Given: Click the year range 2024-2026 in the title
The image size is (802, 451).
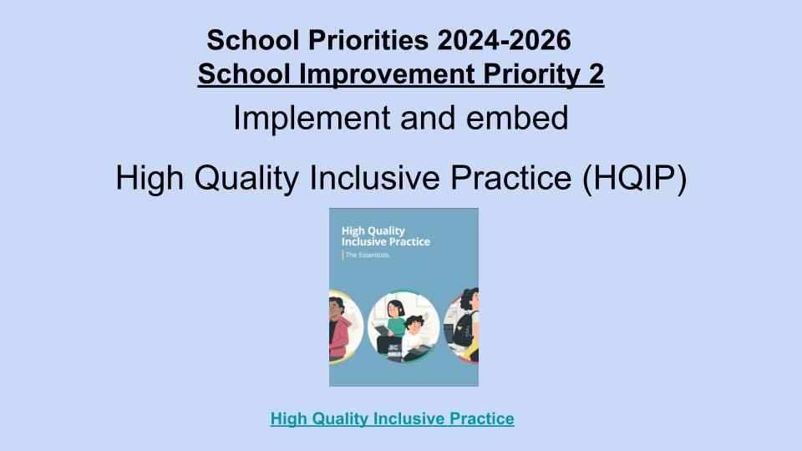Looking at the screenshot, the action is point(504,40).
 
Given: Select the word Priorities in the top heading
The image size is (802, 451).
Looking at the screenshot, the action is point(368,40).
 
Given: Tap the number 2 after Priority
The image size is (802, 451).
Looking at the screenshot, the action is point(596,73).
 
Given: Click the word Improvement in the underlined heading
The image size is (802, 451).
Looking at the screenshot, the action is point(387,74).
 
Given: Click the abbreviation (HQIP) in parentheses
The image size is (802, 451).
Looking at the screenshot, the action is point(634,178).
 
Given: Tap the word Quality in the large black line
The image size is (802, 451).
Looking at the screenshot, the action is point(246,179).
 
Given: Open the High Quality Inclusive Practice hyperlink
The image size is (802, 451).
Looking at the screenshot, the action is point(393,418).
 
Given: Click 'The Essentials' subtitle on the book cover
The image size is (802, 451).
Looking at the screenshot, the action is point(368,255).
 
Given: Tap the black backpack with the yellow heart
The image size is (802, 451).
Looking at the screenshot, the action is point(463,329).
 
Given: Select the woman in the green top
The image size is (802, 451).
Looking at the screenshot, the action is point(393,327).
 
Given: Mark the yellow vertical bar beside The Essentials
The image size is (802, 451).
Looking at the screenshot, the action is point(343,255).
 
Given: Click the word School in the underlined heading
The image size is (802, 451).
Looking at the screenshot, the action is point(244,73).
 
